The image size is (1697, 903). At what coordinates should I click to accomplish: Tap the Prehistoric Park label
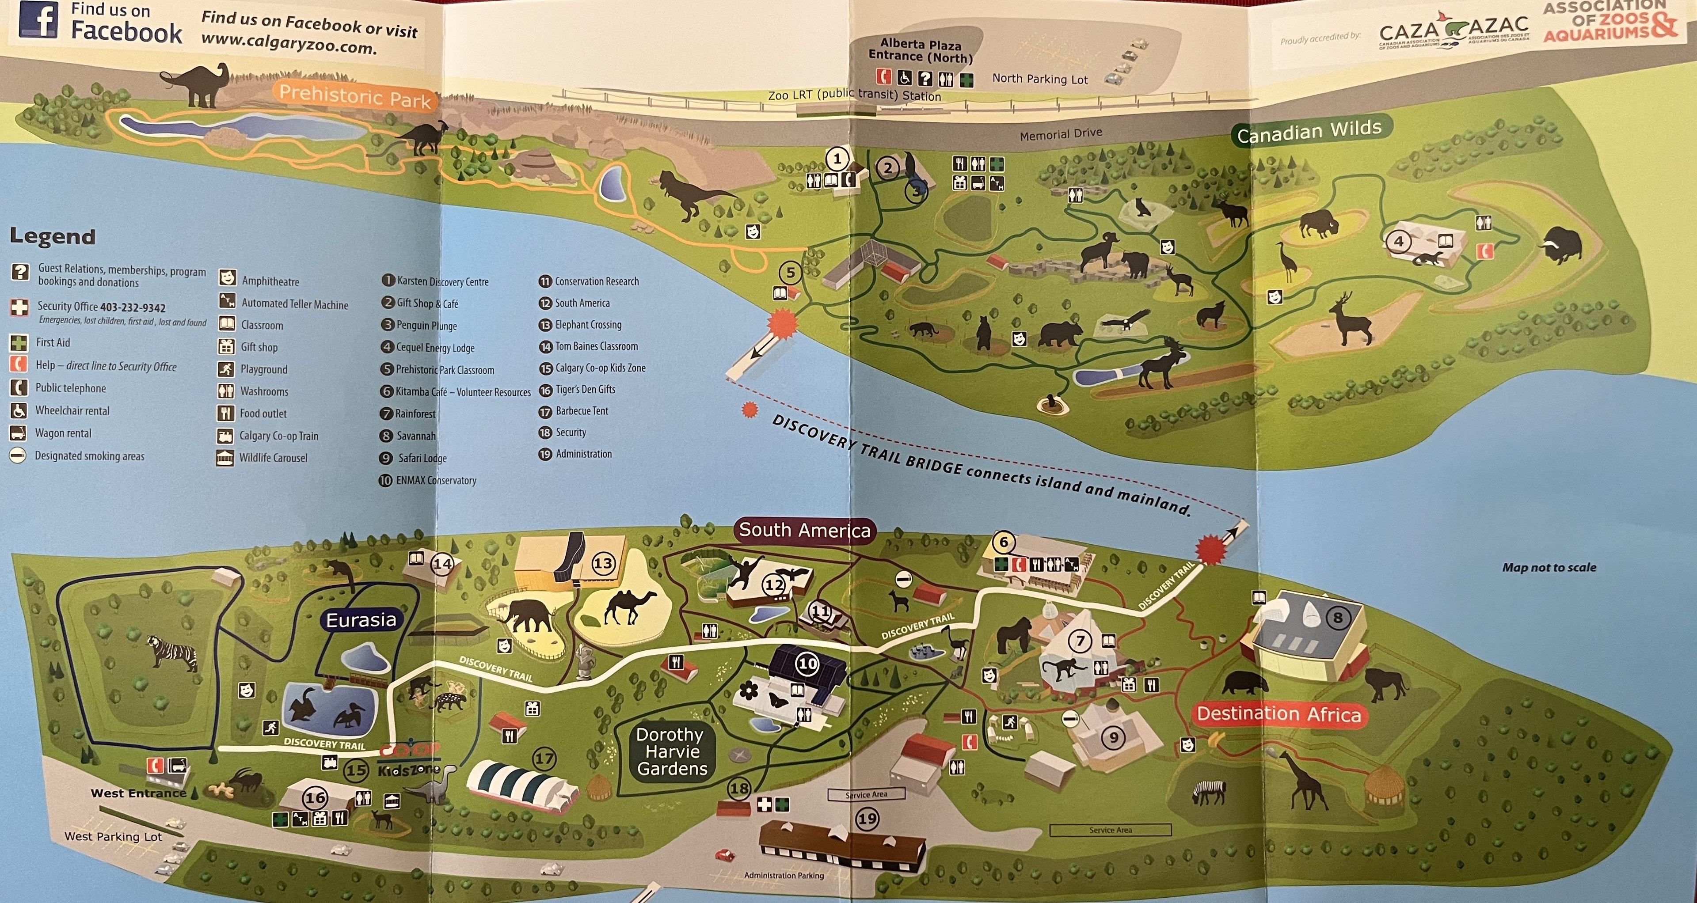pos(354,96)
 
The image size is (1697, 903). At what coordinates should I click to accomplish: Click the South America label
pos(804,530)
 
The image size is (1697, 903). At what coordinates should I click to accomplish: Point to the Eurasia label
pos(361,620)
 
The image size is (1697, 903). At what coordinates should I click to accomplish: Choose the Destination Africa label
pos(1278,714)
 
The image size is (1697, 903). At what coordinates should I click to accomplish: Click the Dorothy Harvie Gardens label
pos(671,751)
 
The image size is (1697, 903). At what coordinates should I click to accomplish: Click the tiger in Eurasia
pos(172,652)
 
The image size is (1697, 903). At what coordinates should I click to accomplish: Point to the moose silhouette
pos(1163,362)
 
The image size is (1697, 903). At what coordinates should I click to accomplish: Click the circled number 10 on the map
pos(808,664)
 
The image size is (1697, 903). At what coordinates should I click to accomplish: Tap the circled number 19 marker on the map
pos(867,819)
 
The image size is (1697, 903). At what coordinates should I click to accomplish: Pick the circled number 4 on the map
pos(1398,242)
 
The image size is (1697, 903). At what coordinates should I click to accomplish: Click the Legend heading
pos(53,236)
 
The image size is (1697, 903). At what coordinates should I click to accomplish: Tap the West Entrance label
pos(138,793)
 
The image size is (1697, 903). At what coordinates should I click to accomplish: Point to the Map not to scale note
pos(1549,567)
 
